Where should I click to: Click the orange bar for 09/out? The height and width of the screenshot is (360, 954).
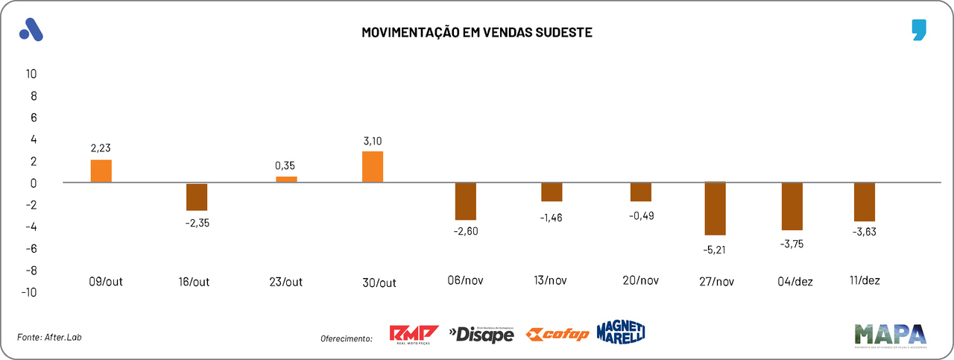(101, 171)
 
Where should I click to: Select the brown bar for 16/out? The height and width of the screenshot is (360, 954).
(197, 197)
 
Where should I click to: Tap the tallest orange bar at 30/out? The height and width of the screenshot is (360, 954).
(373, 166)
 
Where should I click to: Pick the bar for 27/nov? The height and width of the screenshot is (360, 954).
(715, 209)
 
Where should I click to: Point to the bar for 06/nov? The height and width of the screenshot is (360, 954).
(466, 201)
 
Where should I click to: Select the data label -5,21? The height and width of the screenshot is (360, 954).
(715, 249)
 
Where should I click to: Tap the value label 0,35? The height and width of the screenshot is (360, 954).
(286, 165)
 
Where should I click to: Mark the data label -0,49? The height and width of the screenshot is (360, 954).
(641, 215)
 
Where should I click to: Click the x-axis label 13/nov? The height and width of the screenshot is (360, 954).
(552, 281)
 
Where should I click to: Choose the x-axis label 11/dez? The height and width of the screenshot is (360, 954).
(865, 280)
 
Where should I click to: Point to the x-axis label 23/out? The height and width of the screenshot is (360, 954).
(286, 282)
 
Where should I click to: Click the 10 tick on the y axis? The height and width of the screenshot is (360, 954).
(31, 74)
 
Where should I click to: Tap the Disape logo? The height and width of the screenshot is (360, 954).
(481, 335)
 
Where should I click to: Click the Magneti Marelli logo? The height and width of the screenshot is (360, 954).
(620, 332)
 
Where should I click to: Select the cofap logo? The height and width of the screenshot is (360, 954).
(557, 335)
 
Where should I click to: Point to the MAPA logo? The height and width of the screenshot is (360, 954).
(890, 335)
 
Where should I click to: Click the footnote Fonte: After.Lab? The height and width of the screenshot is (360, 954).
(49, 338)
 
